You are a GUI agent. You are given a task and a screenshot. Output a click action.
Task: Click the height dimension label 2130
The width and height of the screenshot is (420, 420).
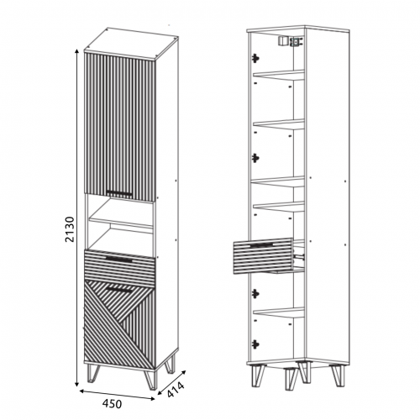point(70,229)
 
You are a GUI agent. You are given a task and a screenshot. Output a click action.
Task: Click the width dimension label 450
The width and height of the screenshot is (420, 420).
point(112,403)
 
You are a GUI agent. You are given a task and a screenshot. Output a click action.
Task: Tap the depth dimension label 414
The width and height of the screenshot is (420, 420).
point(176,389)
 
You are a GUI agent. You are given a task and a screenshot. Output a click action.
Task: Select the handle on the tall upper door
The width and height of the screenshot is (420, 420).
point(119,192)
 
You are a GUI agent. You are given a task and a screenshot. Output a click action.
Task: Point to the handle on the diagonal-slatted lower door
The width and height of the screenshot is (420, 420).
point(119,290)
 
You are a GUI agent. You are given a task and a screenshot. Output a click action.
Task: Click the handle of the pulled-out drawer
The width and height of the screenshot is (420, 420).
point(261,245)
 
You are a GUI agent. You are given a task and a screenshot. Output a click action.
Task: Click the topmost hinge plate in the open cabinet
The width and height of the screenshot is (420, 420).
point(255,58)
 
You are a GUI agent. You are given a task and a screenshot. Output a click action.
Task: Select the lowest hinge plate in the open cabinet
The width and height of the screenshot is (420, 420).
point(255,344)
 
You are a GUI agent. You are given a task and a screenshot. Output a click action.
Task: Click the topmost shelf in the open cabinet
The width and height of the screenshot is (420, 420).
point(279,75)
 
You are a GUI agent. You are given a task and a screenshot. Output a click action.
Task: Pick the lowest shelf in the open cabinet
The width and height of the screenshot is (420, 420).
point(279,312)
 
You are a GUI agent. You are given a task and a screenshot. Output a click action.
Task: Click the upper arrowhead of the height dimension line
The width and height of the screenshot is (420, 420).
point(76,51)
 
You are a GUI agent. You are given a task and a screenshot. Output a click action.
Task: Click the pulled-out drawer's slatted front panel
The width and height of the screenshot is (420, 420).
point(263,255)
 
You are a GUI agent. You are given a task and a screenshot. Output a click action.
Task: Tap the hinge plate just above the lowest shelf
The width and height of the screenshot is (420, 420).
point(255,293)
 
